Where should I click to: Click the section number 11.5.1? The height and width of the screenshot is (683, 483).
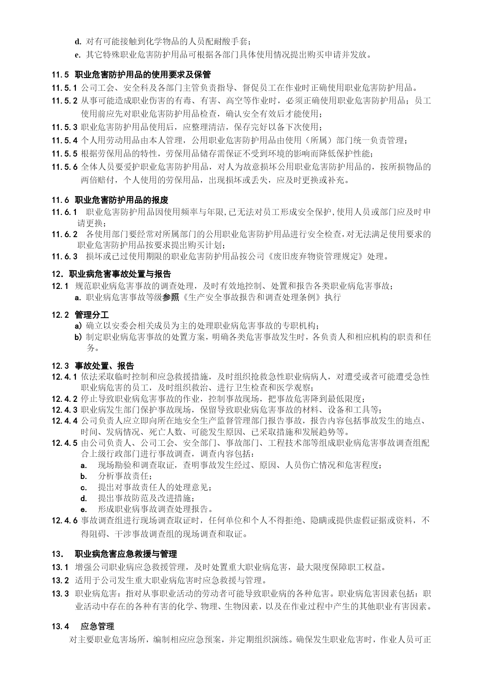click(x=64, y=87)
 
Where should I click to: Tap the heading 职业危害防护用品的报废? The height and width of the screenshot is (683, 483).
click(x=121, y=200)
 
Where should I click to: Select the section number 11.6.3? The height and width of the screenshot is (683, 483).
click(x=64, y=256)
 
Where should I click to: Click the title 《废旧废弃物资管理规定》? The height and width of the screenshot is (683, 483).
click(x=316, y=256)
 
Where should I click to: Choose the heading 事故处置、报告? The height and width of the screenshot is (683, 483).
click(x=104, y=366)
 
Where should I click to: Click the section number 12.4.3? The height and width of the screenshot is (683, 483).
click(x=64, y=410)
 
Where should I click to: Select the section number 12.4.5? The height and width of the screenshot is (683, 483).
click(x=64, y=443)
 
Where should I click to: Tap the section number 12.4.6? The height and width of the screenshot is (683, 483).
click(x=64, y=520)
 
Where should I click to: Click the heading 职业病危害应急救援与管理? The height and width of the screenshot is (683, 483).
click(x=126, y=554)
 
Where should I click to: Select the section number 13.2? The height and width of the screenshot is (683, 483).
click(x=60, y=580)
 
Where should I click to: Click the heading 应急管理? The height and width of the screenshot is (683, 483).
click(x=97, y=626)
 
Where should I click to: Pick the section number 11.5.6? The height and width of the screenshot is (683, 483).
click(x=64, y=167)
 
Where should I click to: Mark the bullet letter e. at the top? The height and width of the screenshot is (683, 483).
click(x=77, y=55)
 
